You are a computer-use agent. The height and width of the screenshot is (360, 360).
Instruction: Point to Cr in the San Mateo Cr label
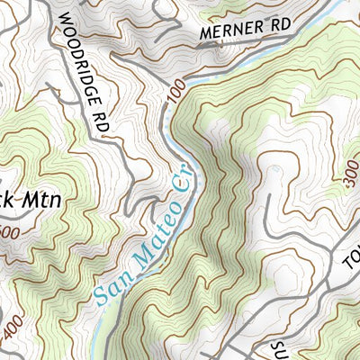tap(181, 187)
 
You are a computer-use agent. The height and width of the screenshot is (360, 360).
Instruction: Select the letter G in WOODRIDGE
tap(88, 73)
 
